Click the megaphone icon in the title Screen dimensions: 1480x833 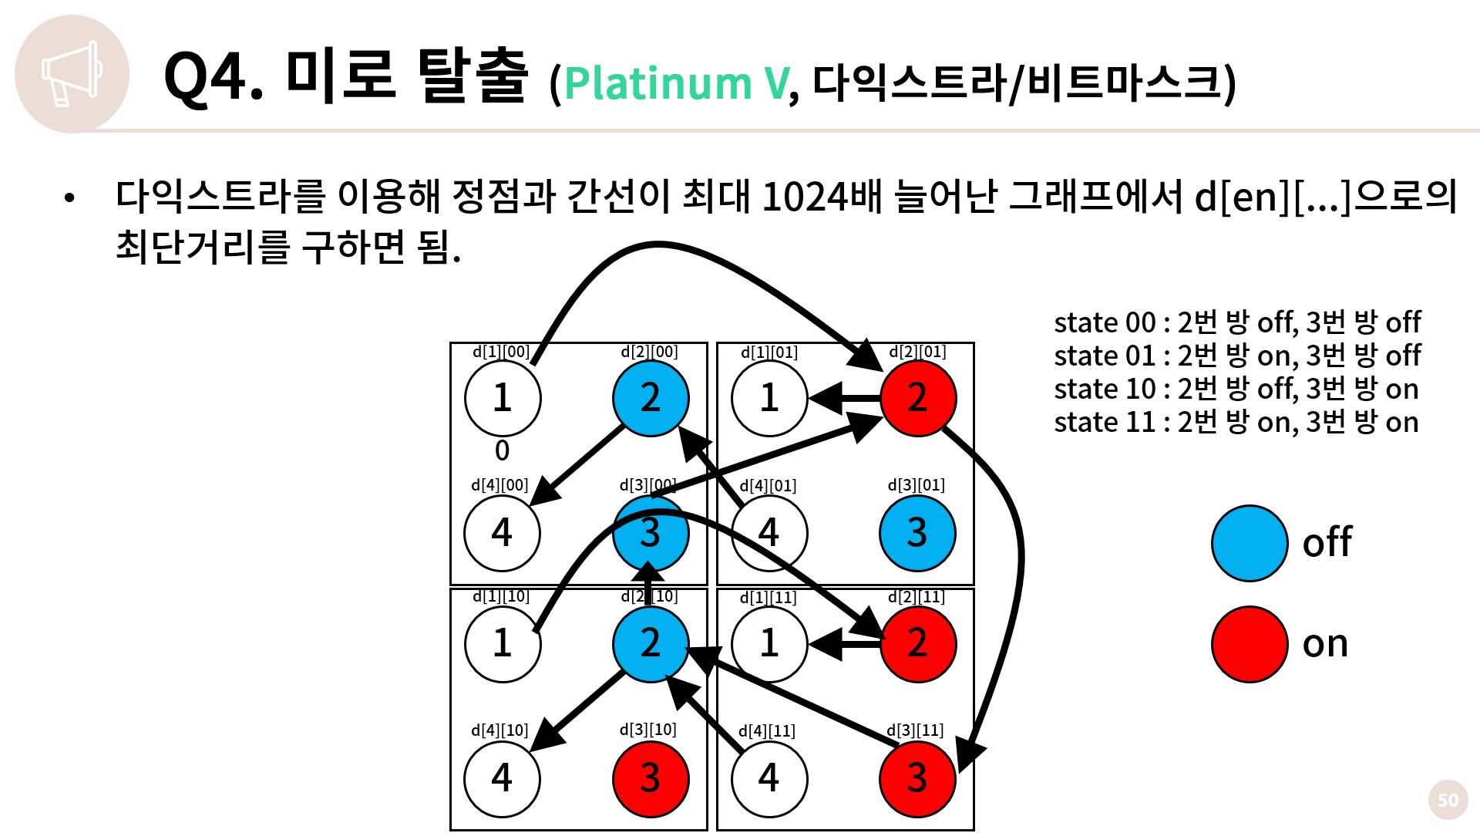(71, 74)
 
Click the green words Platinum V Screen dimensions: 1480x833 (677, 83)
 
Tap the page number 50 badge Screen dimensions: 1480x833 (1448, 800)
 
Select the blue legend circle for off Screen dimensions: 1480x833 (1250, 543)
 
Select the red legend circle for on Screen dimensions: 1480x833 (1250, 644)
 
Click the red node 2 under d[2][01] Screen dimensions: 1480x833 (917, 398)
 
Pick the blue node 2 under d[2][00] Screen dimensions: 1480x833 (651, 398)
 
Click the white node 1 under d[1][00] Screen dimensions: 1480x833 (503, 398)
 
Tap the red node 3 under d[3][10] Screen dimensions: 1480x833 (651, 778)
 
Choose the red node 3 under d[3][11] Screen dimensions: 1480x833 (917, 778)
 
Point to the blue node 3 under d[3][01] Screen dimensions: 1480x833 (917, 533)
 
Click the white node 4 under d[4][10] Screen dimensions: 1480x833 (503, 778)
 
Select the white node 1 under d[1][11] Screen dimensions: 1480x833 (769, 644)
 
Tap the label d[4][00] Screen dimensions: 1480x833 (499, 485)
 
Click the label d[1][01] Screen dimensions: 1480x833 (769, 352)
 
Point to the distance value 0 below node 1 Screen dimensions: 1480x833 (502, 450)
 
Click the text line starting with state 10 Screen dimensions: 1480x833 (1236, 390)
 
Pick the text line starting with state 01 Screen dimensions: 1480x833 (1237, 356)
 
